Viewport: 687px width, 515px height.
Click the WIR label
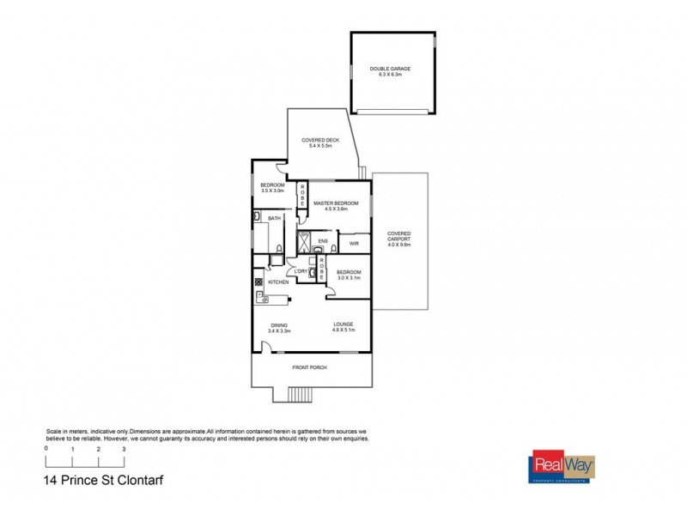353,245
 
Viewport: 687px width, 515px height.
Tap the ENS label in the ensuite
323,240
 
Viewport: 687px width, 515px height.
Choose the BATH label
275,219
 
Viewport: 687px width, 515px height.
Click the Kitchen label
278,282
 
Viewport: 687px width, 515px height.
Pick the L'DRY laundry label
301,272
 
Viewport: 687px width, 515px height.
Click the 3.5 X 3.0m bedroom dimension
272,191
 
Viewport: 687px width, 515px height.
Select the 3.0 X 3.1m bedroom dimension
349,277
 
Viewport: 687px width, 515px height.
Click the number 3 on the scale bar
124,449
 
